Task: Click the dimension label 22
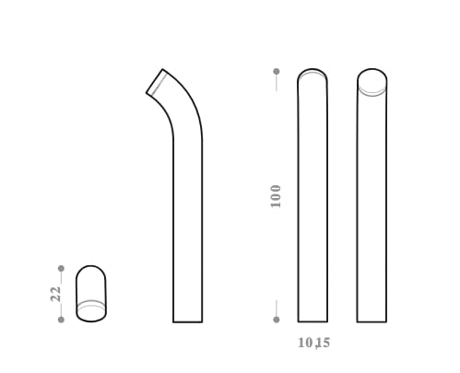click(x=56, y=294)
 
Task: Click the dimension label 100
click(x=276, y=196)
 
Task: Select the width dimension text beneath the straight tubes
click(x=313, y=343)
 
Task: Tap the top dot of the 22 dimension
click(x=61, y=269)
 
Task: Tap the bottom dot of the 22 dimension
click(x=61, y=320)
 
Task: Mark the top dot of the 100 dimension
click(x=276, y=71)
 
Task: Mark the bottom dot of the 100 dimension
click(x=276, y=320)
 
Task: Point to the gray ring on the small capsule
click(x=90, y=305)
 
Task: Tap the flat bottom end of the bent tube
click(x=187, y=321)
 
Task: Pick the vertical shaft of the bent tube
click(x=187, y=230)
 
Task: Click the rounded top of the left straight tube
click(x=313, y=75)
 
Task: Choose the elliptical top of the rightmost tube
click(x=372, y=83)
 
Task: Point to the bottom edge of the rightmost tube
click(x=372, y=321)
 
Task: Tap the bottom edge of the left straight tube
click(x=313, y=321)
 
